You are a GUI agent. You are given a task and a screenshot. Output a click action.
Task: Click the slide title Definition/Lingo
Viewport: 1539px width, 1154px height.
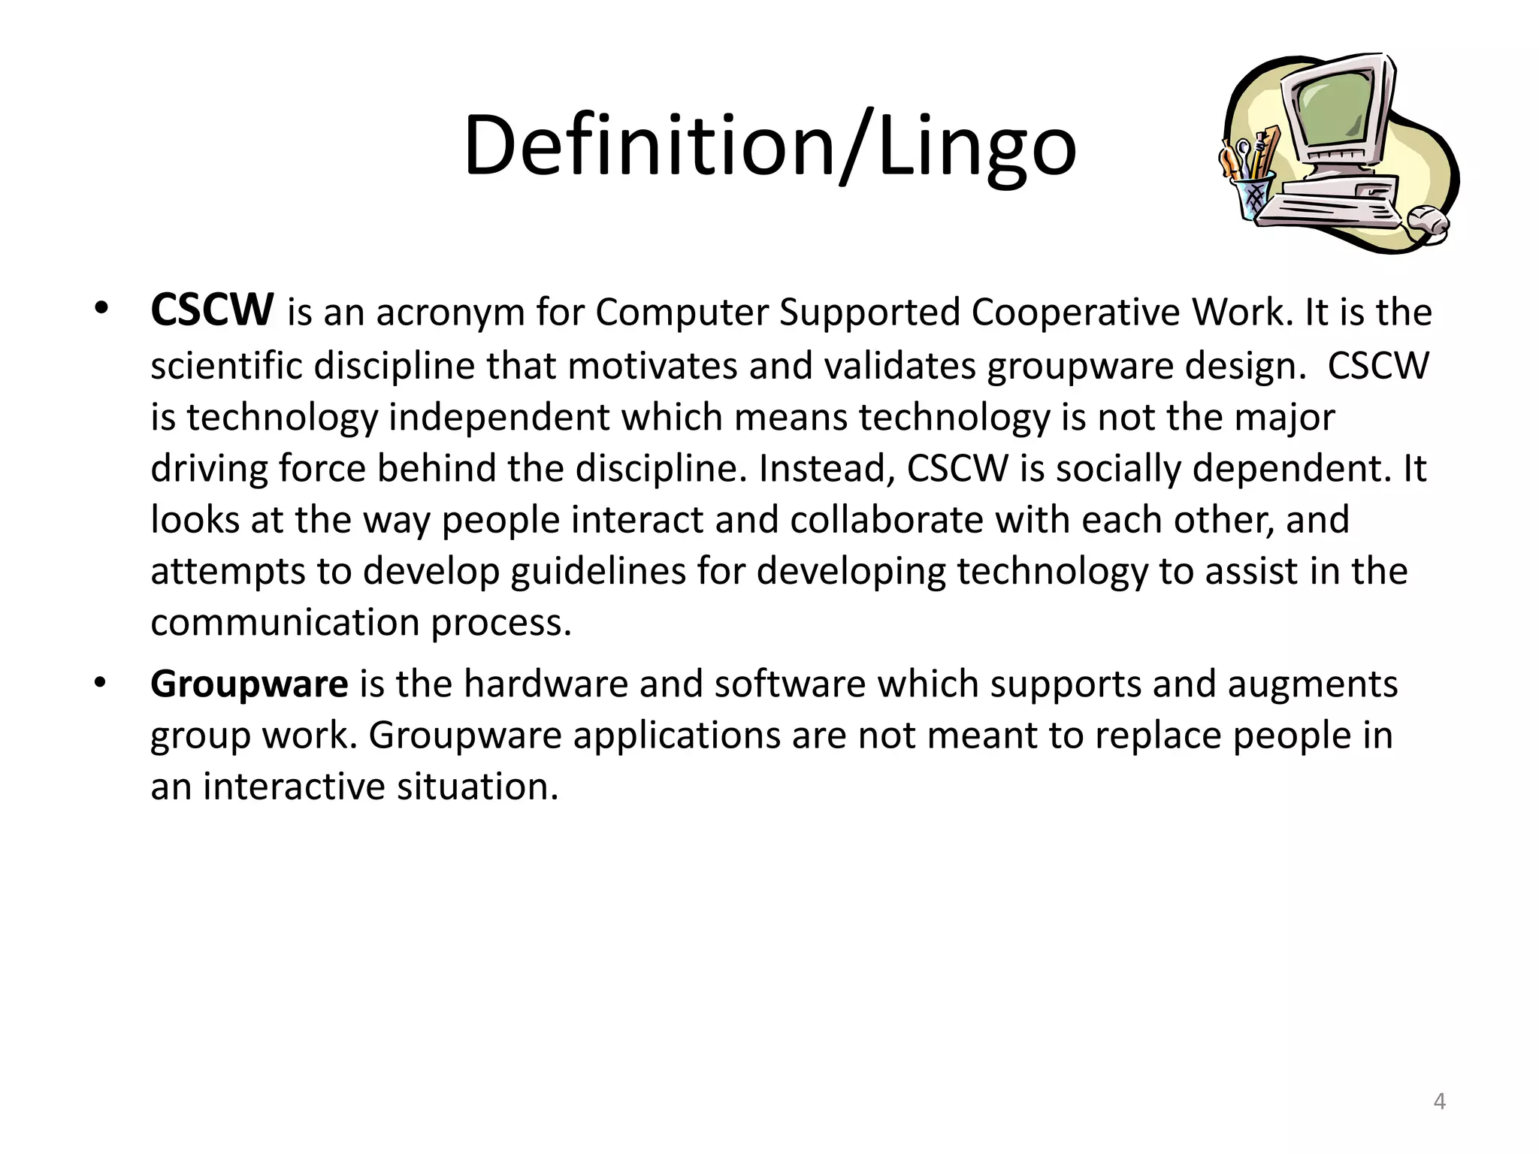(x=769, y=144)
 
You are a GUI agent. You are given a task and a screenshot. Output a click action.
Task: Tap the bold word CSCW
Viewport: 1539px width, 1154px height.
(x=212, y=311)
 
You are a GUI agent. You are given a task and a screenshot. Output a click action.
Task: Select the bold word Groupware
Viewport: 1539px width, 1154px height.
(x=249, y=684)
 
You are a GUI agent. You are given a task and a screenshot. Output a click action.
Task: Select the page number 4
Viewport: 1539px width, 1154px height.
(x=1439, y=1101)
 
